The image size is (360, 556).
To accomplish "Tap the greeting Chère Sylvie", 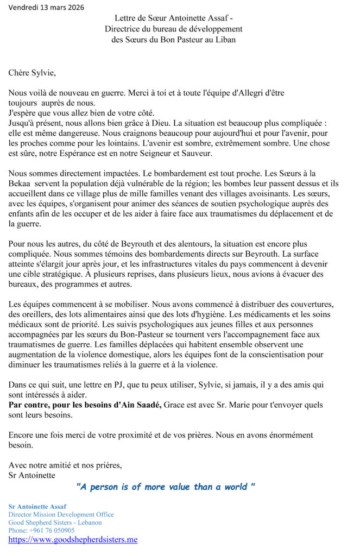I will click(x=32, y=71).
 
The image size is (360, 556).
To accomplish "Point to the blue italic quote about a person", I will click(x=166, y=487).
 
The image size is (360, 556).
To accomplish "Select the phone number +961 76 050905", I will click(x=34, y=530).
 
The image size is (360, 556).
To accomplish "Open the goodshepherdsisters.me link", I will click(x=73, y=540).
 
